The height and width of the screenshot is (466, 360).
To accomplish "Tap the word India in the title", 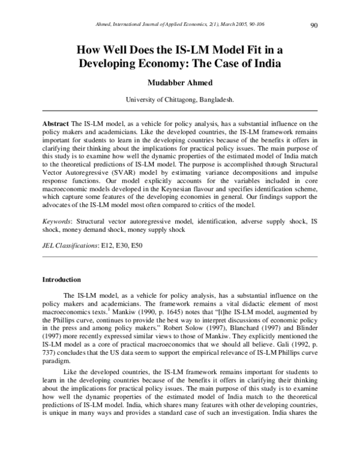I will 265,62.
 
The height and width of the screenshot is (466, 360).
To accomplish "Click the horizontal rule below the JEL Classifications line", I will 179,256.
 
